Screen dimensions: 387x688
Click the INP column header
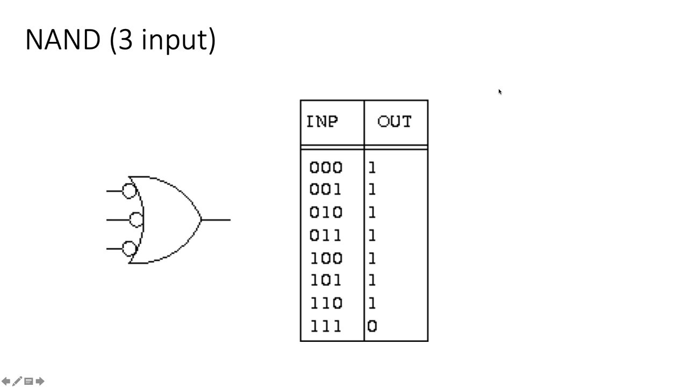coord(322,121)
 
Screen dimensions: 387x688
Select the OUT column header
coord(395,121)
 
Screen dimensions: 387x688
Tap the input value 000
coord(326,168)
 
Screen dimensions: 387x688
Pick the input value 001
coord(326,190)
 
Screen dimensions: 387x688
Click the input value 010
coord(326,213)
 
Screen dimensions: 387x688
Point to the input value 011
coord(326,235)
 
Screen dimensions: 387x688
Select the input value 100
coord(326,259)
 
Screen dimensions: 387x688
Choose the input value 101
coord(326,281)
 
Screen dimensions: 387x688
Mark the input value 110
coord(326,304)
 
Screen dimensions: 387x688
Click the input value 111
coord(326,326)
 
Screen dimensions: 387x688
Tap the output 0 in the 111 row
coord(372,326)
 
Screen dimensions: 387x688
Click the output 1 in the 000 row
coord(372,168)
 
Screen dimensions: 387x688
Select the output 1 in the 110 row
coord(372,304)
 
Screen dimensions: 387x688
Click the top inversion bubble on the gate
coord(129,191)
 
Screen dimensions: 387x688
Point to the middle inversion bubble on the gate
coord(137,220)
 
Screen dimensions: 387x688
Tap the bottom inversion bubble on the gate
coord(129,248)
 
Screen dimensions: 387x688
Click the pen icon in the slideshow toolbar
coord(17,382)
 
